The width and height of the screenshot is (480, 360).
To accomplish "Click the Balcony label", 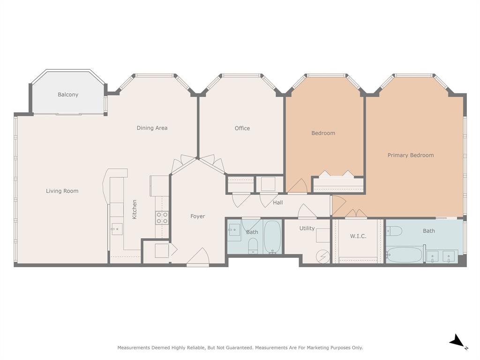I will tap(68, 95).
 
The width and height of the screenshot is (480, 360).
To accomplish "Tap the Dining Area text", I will tap(152, 128).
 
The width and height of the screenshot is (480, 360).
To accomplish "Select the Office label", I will tap(242, 128).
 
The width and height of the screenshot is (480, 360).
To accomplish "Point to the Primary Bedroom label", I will tap(411, 155).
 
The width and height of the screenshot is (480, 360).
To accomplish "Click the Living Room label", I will tap(62, 191).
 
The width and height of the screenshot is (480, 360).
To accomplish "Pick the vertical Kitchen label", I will tap(135, 209).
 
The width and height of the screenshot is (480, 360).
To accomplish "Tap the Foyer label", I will tap(198, 217).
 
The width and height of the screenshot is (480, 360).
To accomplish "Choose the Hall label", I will tap(278, 202).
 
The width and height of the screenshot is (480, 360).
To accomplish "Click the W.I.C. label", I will tap(358, 236).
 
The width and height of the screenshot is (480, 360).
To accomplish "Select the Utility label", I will tap(307, 228).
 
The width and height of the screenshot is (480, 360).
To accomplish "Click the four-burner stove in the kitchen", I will tap(162, 218).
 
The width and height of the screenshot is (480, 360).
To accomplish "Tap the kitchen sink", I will tap(117, 229).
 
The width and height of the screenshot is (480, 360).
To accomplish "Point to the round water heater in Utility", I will tap(323, 256).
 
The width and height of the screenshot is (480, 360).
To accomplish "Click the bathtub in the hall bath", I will tap(272, 237).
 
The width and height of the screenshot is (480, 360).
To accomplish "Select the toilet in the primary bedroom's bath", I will tap(394, 231).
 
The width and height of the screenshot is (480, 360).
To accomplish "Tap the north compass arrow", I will tap(457, 342).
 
